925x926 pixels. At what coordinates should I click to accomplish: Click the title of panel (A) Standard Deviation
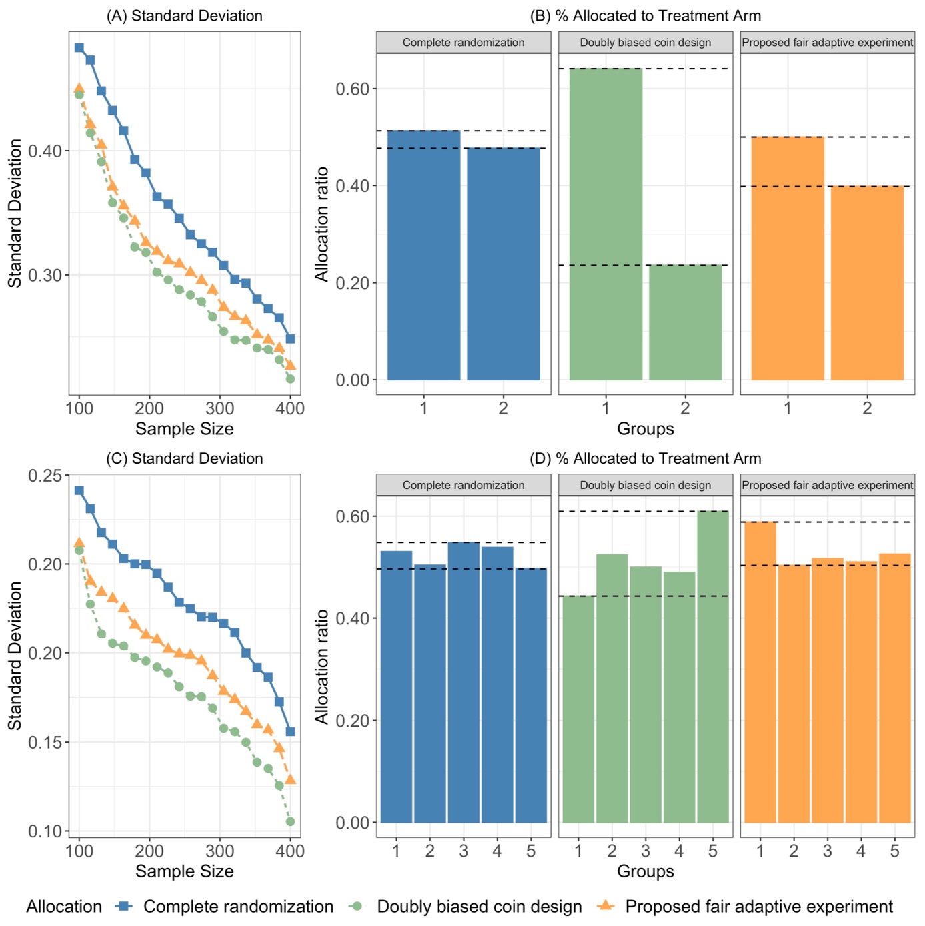click(184, 16)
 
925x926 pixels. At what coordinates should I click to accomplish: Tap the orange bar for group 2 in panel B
click(866, 283)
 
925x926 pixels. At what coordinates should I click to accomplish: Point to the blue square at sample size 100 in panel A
click(79, 48)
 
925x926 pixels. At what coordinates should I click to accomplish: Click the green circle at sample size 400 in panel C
click(290, 821)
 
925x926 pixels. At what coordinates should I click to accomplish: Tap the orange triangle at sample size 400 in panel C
click(290, 779)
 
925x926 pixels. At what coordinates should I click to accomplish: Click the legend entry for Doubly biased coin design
click(479, 907)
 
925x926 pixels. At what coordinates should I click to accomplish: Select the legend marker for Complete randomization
click(124, 906)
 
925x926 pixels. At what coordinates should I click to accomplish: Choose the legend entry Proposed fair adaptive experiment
click(758, 907)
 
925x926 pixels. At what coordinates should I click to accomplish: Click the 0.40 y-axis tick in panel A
click(45, 151)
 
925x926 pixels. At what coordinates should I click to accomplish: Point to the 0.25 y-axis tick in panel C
click(45, 476)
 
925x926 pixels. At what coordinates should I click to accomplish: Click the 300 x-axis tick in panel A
click(219, 408)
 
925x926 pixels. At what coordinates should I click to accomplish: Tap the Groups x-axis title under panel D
click(645, 871)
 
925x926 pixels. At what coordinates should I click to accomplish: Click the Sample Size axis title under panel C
click(184, 871)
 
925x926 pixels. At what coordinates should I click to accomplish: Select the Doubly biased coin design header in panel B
click(645, 43)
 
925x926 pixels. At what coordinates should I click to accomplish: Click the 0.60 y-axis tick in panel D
click(353, 516)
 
